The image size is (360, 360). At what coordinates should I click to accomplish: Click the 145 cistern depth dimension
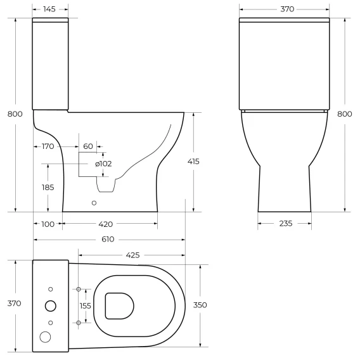pyautogui.click(x=49, y=9)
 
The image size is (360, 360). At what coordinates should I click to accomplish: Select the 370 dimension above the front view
pyautogui.click(x=287, y=9)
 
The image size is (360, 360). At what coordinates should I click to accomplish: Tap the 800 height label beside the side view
pyautogui.click(x=15, y=114)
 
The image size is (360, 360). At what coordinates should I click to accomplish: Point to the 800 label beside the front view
pyautogui.click(x=345, y=114)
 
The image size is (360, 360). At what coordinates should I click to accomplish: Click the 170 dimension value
pyautogui.click(x=48, y=146)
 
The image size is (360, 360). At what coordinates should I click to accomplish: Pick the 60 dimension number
pyautogui.click(x=88, y=146)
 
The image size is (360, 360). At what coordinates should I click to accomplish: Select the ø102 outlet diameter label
pyautogui.click(x=103, y=164)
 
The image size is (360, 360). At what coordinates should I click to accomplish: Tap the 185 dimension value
pyautogui.click(x=48, y=188)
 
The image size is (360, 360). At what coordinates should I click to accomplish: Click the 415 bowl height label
pyautogui.click(x=193, y=162)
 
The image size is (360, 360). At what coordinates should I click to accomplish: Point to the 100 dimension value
pyautogui.click(x=48, y=224)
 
